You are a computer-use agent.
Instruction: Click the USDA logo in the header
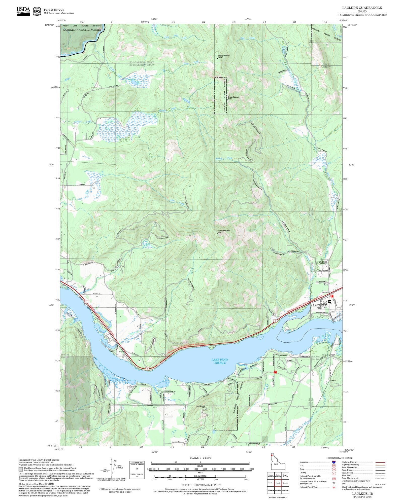tap(23, 11)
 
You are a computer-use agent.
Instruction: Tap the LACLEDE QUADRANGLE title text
tap(362, 8)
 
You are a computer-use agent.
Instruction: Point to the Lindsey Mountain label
tap(223, 56)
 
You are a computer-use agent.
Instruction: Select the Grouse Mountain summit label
tap(233, 97)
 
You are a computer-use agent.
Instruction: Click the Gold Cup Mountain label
tap(224, 231)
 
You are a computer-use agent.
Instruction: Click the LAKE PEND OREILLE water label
tap(220, 361)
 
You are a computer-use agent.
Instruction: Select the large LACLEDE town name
tap(320, 305)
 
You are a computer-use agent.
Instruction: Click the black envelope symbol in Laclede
tap(329, 301)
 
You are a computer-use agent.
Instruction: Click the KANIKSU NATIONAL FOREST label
tap(82, 30)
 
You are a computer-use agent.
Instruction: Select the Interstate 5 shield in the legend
tap(334, 462)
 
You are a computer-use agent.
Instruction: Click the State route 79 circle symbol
tap(334, 469)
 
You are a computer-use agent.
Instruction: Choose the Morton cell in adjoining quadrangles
tap(285, 483)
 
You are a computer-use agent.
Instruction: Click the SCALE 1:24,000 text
tap(200, 458)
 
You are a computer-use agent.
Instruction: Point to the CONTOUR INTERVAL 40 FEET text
tap(201, 485)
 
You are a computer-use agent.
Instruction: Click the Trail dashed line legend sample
tap(380, 484)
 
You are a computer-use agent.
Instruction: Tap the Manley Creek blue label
tap(224, 158)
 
